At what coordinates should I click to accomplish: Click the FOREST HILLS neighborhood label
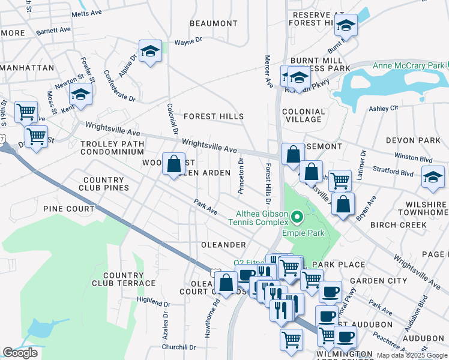[214, 116]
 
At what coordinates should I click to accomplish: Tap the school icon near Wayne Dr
[151, 52]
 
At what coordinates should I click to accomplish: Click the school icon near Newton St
[80, 95]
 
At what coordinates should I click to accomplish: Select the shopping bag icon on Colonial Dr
[173, 164]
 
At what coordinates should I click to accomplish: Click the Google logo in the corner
[20, 353]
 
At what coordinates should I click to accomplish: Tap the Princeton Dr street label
[241, 176]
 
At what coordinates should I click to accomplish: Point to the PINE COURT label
[68, 209]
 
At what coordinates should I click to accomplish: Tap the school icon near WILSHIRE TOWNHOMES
[433, 176]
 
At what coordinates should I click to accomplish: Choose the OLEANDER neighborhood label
[223, 245]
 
